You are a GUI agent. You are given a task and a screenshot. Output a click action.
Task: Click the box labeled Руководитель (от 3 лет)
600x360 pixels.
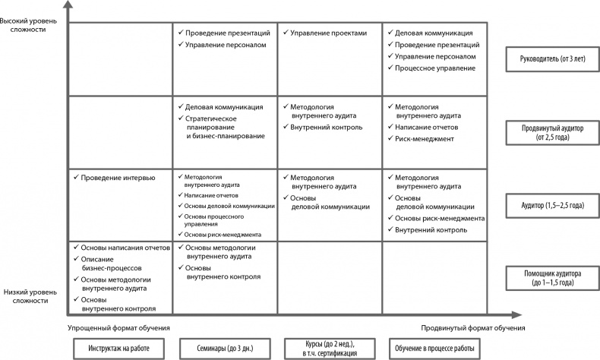coord(552,58)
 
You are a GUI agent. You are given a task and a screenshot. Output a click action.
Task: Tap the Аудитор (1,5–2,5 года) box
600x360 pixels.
coord(552,206)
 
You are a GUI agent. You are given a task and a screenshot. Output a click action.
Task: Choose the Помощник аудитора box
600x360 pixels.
coord(552,277)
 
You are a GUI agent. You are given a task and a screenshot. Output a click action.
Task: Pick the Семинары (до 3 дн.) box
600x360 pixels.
coord(224,348)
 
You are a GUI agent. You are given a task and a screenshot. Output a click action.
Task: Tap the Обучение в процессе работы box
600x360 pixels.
coord(434,348)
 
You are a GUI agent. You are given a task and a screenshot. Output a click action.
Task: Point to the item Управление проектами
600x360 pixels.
coord(328,33)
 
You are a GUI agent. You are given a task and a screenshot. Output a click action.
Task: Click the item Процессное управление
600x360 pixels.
coord(435,68)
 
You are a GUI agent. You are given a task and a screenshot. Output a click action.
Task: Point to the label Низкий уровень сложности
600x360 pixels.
coord(27,295)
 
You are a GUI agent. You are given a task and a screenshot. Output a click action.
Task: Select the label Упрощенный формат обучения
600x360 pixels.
coord(118,327)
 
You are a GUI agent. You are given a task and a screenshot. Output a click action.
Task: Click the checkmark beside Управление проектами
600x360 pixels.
coord(284,33)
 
